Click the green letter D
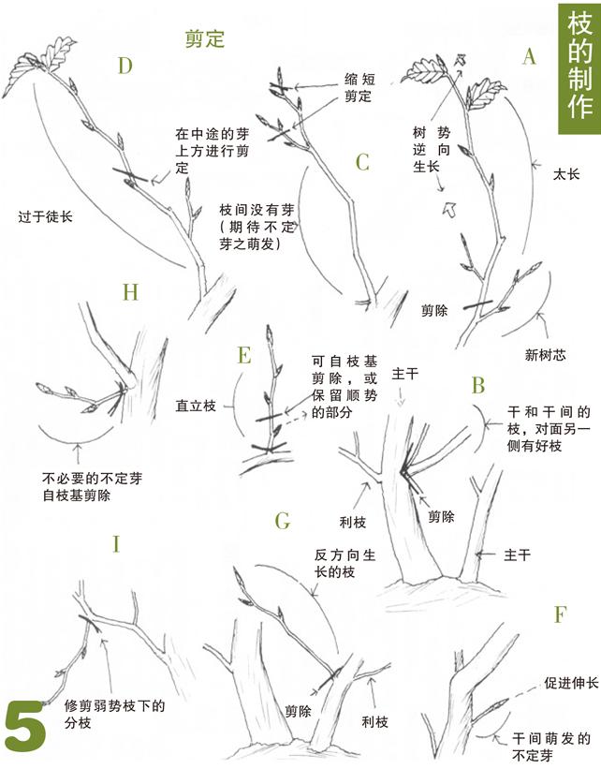click(x=125, y=66)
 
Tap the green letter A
click(x=529, y=58)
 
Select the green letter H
click(x=130, y=293)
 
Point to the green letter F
click(x=561, y=614)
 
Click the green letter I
click(x=116, y=544)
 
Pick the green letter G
click(x=283, y=520)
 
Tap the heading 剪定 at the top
click(x=204, y=38)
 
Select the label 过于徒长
click(x=44, y=216)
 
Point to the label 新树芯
click(x=545, y=355)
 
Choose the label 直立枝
click(x=196, y=406)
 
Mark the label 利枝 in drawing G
click(x=374, y=722)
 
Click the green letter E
click(x=244, y=355)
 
